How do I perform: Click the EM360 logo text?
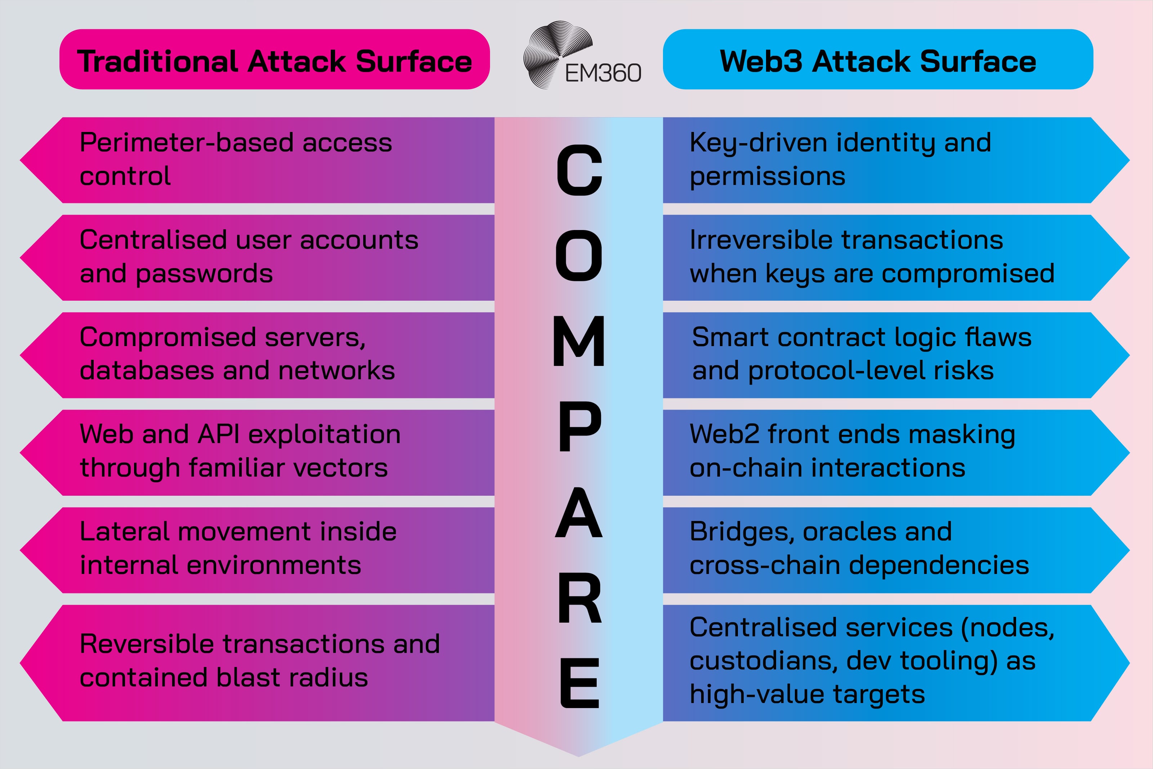(603, 74)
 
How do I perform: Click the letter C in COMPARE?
(579, 170)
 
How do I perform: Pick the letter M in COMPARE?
(579, 341)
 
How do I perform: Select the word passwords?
(204, 274)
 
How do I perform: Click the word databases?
(147, 370)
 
